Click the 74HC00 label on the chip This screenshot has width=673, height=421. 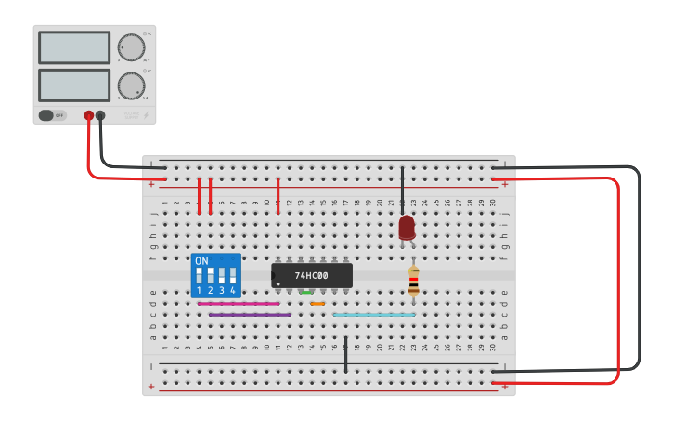click(x=312, y=276)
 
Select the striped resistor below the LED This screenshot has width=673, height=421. click(x=413, y=280)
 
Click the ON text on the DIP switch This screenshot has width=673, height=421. click(x=201, y=261)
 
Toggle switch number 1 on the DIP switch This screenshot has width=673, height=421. click(x=199, y=276)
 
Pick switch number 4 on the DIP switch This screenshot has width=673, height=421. click(x=232, y=276)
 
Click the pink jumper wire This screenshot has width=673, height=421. click(x=238, y=303)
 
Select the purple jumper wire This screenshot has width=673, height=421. click(x=249, y=315)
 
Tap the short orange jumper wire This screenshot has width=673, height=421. click(x=317, y=303)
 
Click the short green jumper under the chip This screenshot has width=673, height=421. click(x=306, y=292)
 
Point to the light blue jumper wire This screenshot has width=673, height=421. click(x=374, y=315)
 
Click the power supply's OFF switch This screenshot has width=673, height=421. click(x=46, y=115)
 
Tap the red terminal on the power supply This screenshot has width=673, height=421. click(x=89, y=116)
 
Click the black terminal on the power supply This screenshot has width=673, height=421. click(x=100, y=116)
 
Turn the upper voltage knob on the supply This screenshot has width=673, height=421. click(x=131, y=47)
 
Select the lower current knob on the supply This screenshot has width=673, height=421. click(x=131, y=86)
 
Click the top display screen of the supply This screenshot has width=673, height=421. click(x=74, y=47)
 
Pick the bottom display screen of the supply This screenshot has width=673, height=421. click(x=74, y=86)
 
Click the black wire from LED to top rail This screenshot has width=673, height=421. click(x=402, y=191)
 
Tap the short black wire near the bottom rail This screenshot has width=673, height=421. click(x=345, y=356)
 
